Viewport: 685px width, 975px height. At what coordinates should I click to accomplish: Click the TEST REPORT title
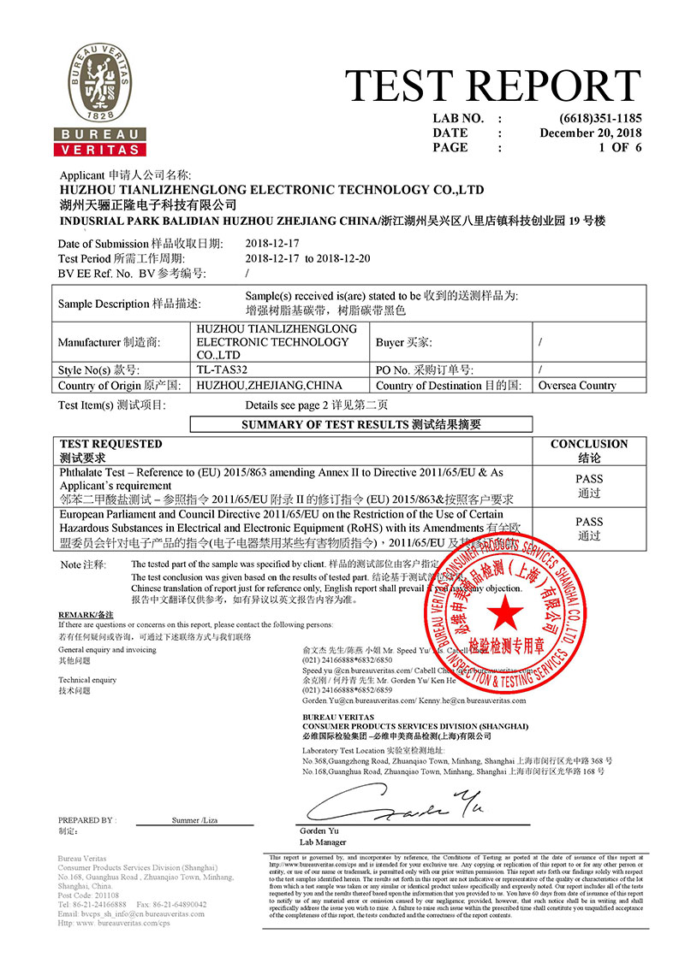click(x=492, y=86)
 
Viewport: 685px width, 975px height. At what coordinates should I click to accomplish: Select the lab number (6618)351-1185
click(x=600, y=118)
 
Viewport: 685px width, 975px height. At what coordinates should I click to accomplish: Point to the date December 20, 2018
click(x=590, y=133)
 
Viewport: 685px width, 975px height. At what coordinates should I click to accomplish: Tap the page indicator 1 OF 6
click(x=620, y=147)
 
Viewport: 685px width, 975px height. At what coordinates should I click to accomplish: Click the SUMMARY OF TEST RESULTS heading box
click(x=360, y=423)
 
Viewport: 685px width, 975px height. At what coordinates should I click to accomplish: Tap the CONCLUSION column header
click(x=588, y=444)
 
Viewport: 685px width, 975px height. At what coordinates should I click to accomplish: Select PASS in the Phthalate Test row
click(x=588, y=480)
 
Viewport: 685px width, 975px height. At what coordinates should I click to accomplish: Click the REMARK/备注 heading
click(x=86, y=615)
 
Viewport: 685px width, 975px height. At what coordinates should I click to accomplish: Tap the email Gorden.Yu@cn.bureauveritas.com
click(x=358, y=700)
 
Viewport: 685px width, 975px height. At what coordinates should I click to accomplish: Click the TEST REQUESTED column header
click(x=110, y=444)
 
